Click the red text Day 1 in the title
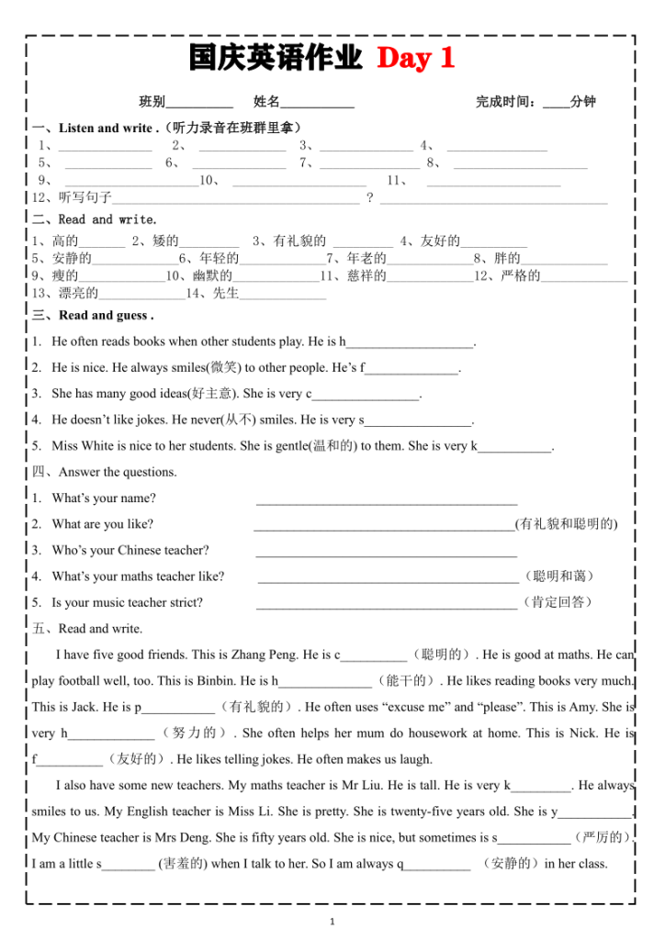pos(416,59)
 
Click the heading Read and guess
pos(106,316)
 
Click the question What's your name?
pos(104,498)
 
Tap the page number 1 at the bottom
pos(332,922)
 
